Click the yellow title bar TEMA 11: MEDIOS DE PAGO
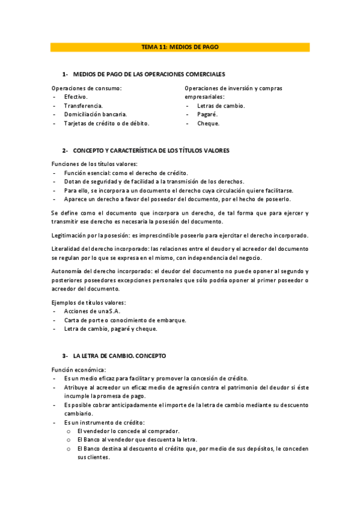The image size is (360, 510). click(x=180, y=47)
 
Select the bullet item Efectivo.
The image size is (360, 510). click(x=76, y=97)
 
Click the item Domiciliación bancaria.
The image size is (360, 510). click(x=95, y=114)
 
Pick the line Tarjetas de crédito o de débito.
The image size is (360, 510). click(x=106, y=123)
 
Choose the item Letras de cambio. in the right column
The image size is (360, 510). click(x=221, y=106)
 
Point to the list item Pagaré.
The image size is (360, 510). click(x=207, y=114)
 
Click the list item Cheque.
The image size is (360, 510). click(x=208, y=123)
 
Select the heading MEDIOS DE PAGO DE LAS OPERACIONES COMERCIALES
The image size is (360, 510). click(x=148, y=74)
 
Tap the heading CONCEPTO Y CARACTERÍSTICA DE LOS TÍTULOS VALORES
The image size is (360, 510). click(x=151, y=150)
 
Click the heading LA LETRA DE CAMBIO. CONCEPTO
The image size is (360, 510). click(x=119, y=356)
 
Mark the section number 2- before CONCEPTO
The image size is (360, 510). click(x=66, y=150)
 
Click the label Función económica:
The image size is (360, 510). click(x=79, y=369)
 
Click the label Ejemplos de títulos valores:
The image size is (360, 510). click(x=92, y=302)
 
